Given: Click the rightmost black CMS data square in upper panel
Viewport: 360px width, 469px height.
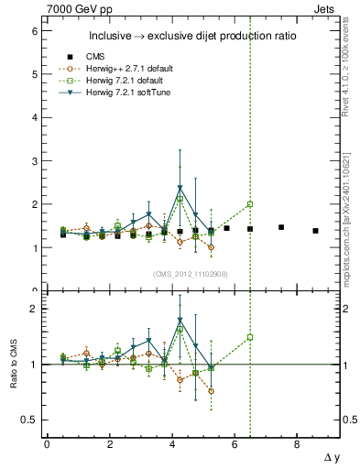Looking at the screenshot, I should point(315,231).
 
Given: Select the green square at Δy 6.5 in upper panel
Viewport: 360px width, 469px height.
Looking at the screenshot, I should point(250,204).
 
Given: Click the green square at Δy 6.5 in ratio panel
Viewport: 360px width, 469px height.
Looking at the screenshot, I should point(250,337).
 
